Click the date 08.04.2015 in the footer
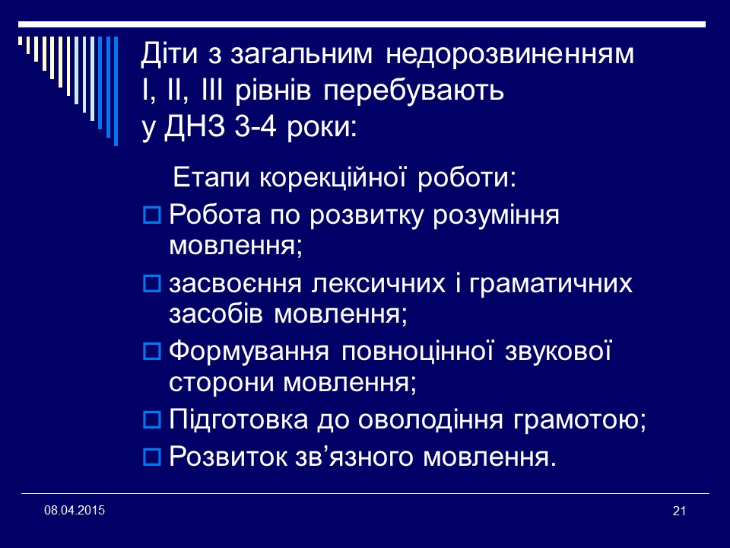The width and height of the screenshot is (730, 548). coord(75,509)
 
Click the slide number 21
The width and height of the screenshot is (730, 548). coord(680,511)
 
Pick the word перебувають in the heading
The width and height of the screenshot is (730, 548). coord(414,91)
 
